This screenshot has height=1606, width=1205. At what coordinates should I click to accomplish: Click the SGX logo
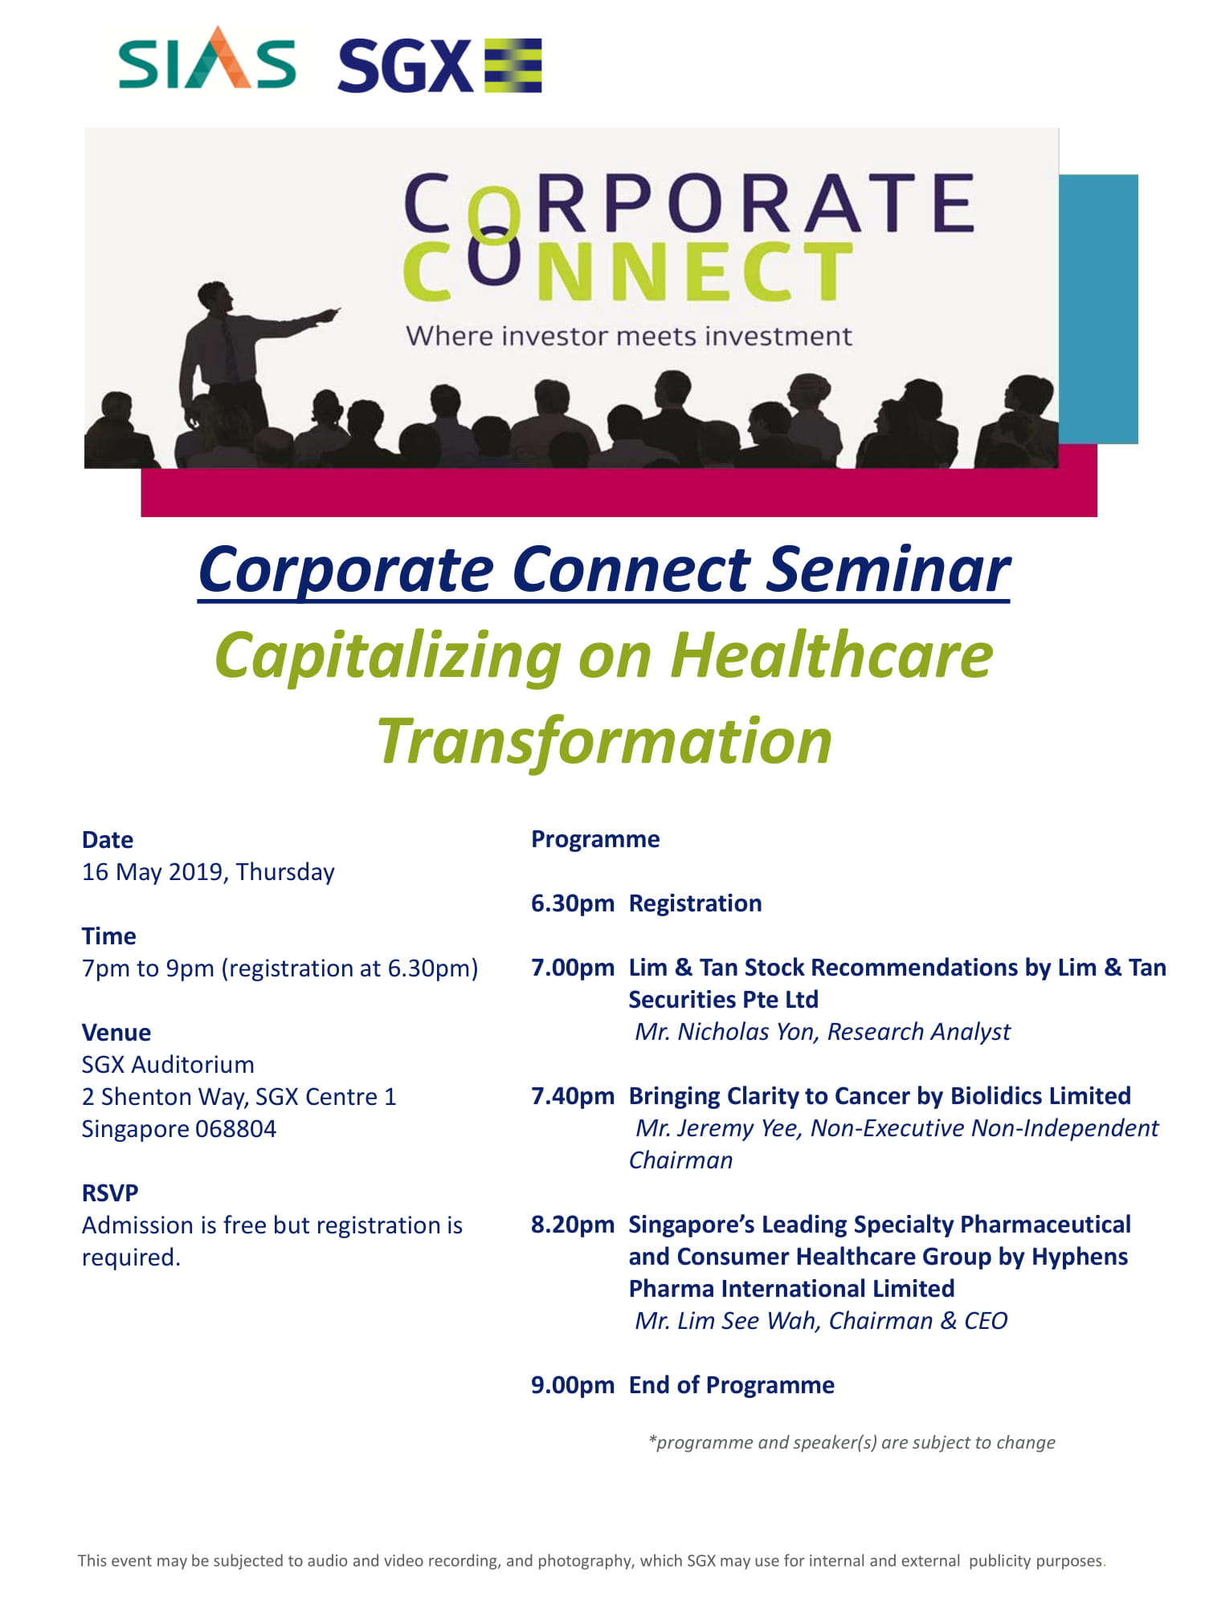439,65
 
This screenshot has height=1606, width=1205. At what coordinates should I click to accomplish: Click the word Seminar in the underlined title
888,570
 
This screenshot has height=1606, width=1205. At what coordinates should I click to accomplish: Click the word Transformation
605,742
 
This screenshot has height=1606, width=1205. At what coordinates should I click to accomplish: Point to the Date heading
108,840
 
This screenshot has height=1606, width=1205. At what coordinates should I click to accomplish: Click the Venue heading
116,1033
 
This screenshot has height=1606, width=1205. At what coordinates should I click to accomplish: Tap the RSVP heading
110,1193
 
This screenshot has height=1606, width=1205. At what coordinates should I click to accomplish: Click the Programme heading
595,840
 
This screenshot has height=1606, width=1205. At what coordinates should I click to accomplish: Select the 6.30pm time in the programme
573,904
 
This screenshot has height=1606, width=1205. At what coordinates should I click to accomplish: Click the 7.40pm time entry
573,1097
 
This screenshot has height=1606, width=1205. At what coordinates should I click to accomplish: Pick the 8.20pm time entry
573,1225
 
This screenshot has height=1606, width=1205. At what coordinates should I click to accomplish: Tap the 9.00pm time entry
573,1386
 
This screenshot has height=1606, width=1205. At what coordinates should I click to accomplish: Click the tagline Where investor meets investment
629,336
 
